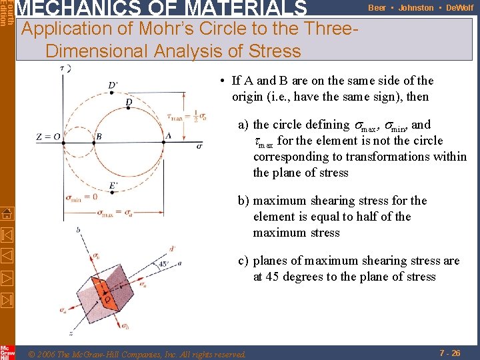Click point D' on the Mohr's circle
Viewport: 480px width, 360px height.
click(x=113, y=85)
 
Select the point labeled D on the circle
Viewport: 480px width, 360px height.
click(x=128, y=101)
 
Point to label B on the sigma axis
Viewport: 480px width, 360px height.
click(x=98, y=136)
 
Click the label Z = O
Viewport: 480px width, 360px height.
click(x=49, y=137)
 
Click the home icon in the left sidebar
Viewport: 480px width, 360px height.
click(x=7, y=213)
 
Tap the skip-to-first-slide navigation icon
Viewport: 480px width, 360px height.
click(x=7, y=235)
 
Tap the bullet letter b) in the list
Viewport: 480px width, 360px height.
click(x=245, y=201)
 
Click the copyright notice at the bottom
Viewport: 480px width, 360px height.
click(x=136, y=354)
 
